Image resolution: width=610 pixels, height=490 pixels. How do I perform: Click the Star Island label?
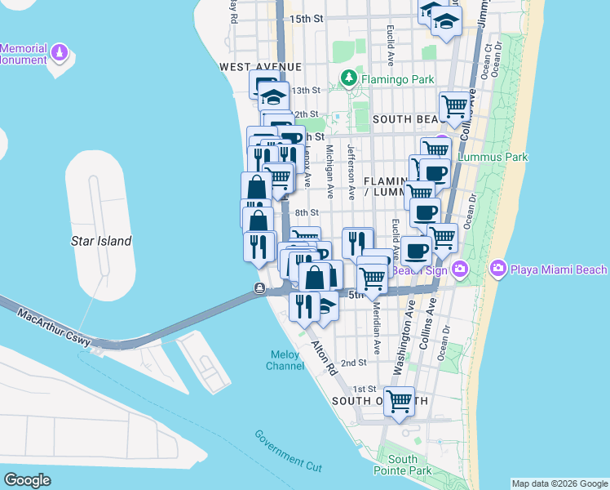102,241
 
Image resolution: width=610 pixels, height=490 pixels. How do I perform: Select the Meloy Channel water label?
285,360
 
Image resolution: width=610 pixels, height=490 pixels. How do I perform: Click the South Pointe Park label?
409,465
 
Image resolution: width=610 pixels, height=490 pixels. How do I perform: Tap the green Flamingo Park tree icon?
349,78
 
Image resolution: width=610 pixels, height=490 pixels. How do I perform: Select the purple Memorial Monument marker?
60,54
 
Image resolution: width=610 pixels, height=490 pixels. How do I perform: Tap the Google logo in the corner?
28,479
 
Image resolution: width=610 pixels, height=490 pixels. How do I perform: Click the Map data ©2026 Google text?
559,483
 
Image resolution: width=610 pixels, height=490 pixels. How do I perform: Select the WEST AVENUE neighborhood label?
260,66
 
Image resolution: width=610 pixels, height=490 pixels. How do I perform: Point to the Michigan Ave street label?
329,172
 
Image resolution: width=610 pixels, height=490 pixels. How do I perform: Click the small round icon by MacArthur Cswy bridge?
259,287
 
